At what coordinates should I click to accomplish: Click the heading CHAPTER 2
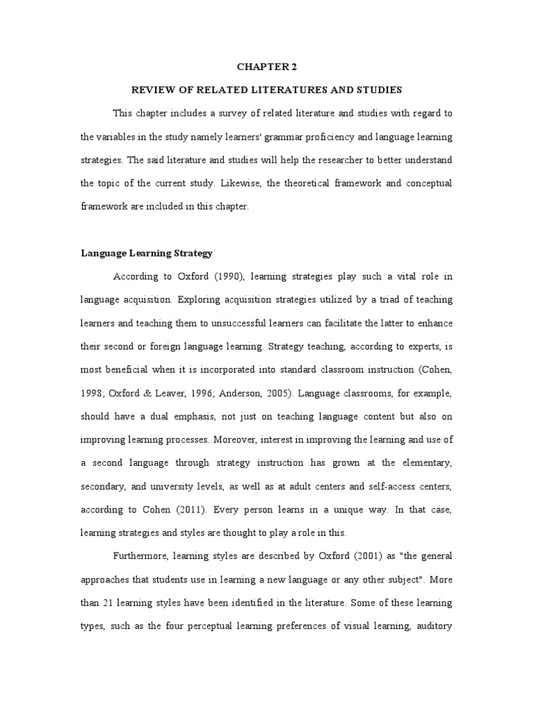[267, 67]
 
